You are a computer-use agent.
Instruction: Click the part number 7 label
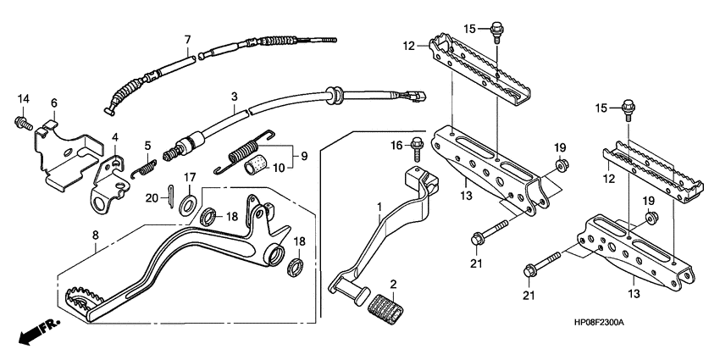click(x=188, y=39)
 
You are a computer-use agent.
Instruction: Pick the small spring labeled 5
click(x=147, y=167)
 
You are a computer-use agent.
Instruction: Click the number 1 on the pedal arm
click(x=380, y=206)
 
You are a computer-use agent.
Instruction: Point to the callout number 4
click(x=115, y=137)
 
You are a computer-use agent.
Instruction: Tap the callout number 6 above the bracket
click(x=54, y=103)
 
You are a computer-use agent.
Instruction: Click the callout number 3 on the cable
click(x=235, y=98)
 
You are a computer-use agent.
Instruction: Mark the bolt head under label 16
click(x=416, y=146)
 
